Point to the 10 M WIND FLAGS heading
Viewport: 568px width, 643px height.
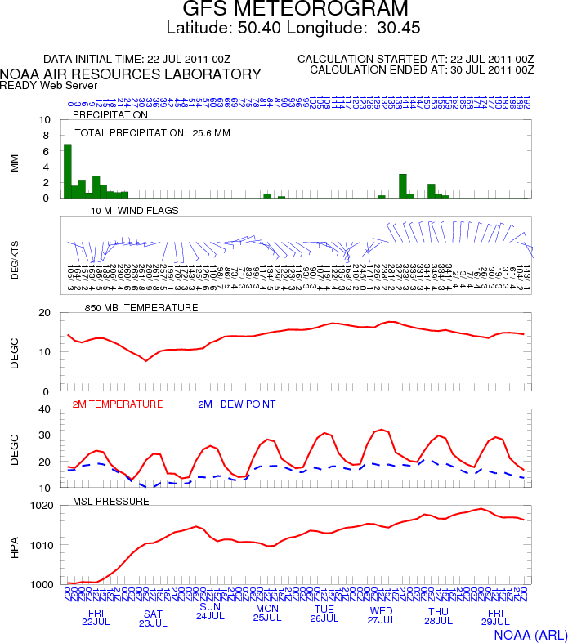pyautogui.click(x=136, y=210)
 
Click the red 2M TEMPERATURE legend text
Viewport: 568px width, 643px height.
pyautogui.click(x=118, y=404)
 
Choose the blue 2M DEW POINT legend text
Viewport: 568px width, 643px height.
pyautogui.click(x=237, y=404)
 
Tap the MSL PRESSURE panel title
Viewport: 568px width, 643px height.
pyautogui.click(x=111, y=500)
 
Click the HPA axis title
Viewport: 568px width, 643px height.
pyautogui.click(x=15, y=546)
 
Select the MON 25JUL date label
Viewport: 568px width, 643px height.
pyautogui.click(x=267, y=614)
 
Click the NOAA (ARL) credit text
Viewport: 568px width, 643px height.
pyautogui.click(x=530, y=633)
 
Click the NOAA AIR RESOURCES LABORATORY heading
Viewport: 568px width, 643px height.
pyautogui.click(x=131, y=74)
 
